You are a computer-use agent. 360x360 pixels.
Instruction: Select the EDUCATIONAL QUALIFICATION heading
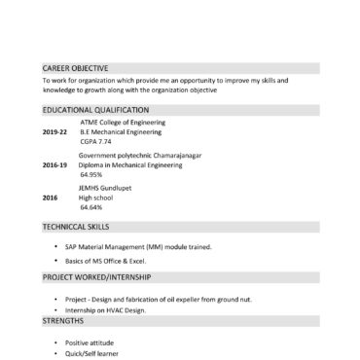pyautogui.click(x=95, y=110)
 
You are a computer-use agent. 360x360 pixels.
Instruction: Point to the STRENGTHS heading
pyautogui.click(x=63, y=319)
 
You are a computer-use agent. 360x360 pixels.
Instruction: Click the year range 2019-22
pyautogui.click(x=55, y=131)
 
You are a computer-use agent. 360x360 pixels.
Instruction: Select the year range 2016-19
pyautogui.click(x=55, y=165)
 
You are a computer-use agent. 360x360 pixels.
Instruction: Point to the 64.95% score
pyautogui.click(x=91, y=175)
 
